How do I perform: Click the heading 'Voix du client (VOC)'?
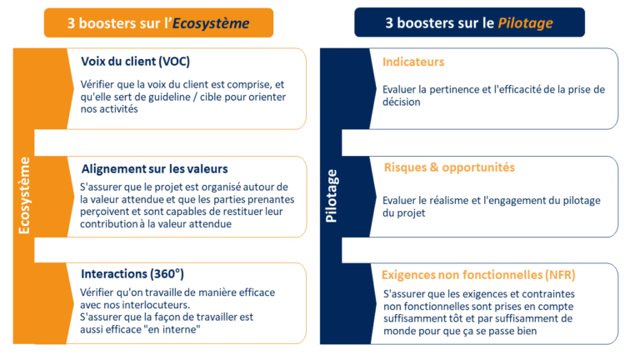(x=136, y=62)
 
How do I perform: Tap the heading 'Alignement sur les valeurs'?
(x=155, y=168)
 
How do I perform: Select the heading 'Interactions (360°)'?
(x=132, y=274)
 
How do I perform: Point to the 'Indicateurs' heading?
(x=413, y=62)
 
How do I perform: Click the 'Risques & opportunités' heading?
(x=449, y=167)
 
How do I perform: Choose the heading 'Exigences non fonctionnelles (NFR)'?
(x=478, y=275)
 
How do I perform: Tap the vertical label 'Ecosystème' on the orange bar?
(x=24, y=196)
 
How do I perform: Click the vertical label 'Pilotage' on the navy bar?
(x=331, y=197)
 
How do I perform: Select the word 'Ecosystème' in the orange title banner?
(x=211, y=23)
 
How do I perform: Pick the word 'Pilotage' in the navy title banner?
(x=525, y=22)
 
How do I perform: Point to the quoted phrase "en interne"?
(x=172, y=329)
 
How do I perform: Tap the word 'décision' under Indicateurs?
(x=401, y=102)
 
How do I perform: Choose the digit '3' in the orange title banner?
(x=71, y=23)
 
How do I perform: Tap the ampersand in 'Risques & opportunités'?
(x=434, y=167)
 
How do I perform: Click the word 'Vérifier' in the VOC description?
(x=97, y=84)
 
